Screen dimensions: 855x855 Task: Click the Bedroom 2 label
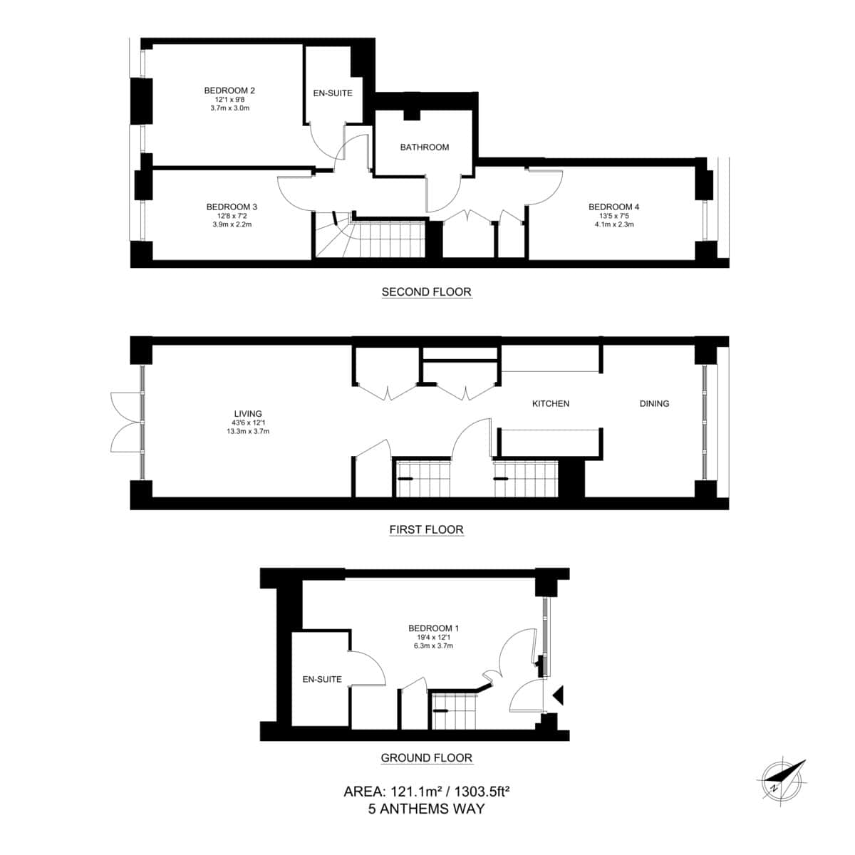229,90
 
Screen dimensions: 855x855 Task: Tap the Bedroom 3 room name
231,207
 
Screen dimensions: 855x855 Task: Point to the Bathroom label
425,147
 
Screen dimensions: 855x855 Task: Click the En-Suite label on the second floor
333,93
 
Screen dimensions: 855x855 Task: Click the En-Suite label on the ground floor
322,679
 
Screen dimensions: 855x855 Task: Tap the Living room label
248,413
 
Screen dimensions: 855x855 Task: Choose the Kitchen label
551,403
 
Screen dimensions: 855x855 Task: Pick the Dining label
654,403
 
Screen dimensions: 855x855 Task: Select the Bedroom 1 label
433,628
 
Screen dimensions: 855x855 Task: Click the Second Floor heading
426,291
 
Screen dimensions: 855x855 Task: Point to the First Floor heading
426,529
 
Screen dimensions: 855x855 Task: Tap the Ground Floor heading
426,758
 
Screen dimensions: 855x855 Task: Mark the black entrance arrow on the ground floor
559,695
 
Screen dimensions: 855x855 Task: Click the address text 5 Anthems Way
426,809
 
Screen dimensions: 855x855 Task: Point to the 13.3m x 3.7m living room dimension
248,431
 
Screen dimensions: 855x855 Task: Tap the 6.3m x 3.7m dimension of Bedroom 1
433,646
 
